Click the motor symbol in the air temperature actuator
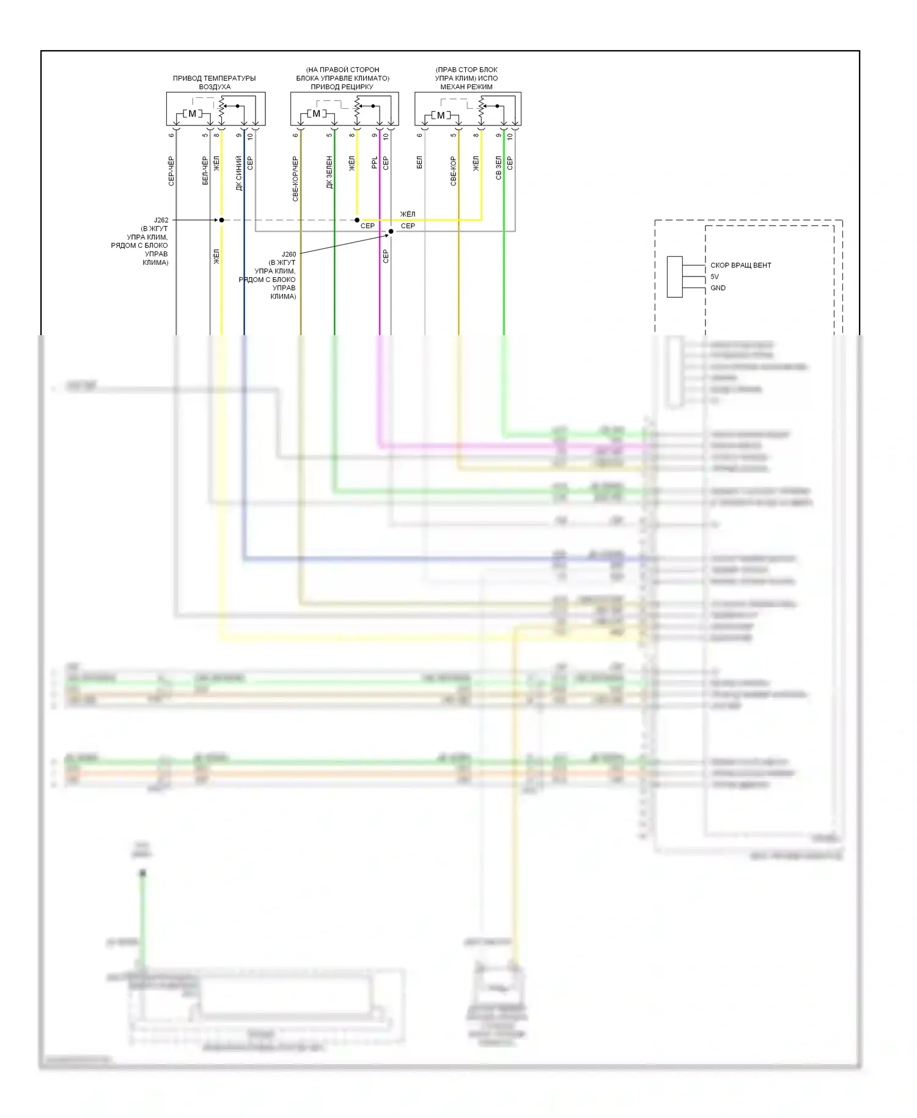[x=192, y=114]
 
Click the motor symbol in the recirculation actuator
[x=316, y=114]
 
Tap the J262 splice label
[x=161, y=220]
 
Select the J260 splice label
[x=289, y=254]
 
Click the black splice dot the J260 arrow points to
[x=391, y=232]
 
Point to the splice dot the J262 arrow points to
[x=222, y=220]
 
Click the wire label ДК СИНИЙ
[x=239, y=173]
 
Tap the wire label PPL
[x=375, y=163]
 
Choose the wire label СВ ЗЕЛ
[x=499, y=168]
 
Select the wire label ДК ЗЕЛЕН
[x=330, y=172]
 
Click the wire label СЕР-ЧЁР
[x=171, y=171]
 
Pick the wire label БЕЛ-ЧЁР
[x=205, y=171]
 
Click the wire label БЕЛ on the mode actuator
[x=419, y=162]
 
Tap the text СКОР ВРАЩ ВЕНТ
[x=740, y=265]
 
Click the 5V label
[x=715, y=276]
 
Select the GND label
[x=718, y=288]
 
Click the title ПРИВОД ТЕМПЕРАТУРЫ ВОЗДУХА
[x=214, y=83]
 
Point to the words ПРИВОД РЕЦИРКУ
[x=342, y=87]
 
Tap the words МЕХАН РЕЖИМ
[x=466, y=87]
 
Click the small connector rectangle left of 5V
[x=674, y=277]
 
